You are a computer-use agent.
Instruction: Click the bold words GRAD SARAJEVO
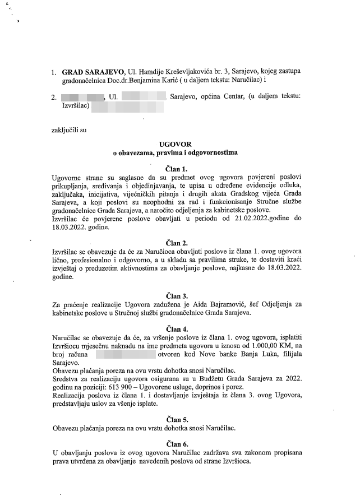(x=89, y=73)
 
